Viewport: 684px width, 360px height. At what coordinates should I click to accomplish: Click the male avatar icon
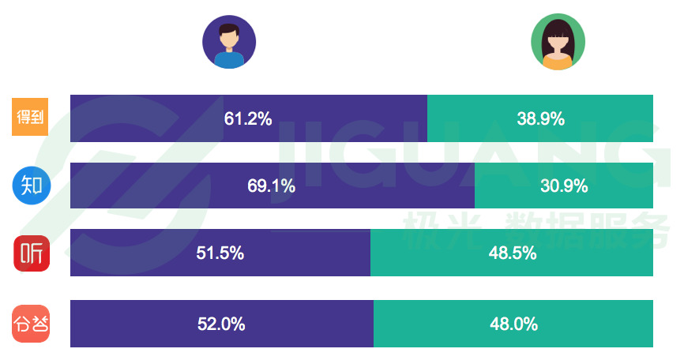(x=229, y=42)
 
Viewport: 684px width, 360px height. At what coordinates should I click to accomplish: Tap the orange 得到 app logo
(x=31, y=118)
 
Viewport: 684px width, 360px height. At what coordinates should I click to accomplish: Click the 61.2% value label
(x=248, y=119)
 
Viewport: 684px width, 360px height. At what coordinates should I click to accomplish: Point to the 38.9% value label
(x=540, y=119)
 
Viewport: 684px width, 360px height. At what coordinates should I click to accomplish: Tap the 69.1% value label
(x=271, y=186)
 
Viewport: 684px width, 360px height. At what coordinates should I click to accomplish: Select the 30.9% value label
(x=564, y=186)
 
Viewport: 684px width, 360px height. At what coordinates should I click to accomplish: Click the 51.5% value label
(x=220, y=253)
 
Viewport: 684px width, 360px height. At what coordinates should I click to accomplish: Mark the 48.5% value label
(x=513, y=253)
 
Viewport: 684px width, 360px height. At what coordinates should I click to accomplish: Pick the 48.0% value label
(x=513, y=324)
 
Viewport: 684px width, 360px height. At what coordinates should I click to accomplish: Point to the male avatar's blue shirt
(x=229, y=61)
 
